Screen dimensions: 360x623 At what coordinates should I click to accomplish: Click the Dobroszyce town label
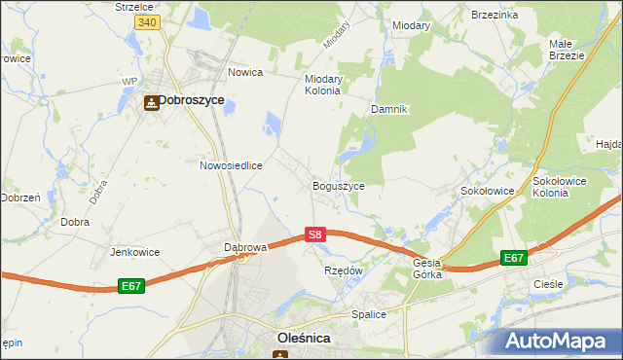pos(192,100)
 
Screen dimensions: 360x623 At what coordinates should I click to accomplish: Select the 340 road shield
pos(147,21)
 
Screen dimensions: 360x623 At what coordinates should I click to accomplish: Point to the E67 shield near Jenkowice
pos(133,286)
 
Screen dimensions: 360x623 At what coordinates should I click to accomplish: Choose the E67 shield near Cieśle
pos(514,258)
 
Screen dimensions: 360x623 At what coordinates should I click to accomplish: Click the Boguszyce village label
pos(338,186)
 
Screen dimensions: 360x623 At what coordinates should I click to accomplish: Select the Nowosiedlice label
pos(232,165)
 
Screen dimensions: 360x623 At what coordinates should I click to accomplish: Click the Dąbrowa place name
pos(245,247)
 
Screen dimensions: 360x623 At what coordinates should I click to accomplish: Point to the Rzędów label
pos(343,270)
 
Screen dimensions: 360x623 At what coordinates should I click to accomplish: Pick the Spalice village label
pos(369,314)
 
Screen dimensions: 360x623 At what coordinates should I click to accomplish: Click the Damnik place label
pos(387,110)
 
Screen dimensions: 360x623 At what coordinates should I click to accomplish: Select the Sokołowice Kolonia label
pos(564,187)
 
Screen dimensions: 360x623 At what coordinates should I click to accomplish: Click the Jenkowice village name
pos(135,252)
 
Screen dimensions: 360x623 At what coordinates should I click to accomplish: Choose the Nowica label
pos(246,72)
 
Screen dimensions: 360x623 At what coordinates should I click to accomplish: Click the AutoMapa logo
pos(561,341)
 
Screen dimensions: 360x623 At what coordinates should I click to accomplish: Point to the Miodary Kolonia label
pos(322,84)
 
